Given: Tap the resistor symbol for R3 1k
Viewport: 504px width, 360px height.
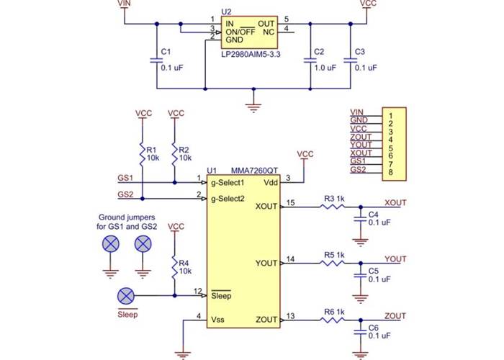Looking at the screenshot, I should click(x=332, y=207).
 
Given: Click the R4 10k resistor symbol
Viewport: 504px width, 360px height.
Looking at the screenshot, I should click(x=174, y=268).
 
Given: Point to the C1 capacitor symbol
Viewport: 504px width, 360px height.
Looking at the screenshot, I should click(x=156, y=61).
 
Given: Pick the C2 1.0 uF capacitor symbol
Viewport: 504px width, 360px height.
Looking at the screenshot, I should click(x=311, y=61).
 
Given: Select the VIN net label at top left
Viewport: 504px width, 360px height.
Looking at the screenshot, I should click(x=124, y=4).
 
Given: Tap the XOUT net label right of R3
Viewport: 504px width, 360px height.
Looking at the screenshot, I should click(x=395, y=202).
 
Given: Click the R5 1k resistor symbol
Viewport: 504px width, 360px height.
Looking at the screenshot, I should click(x=332, y=264).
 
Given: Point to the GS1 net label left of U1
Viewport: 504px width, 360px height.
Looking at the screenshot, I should click(x=125, y=176).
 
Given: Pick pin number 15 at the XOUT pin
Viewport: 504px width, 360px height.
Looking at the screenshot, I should click(x=291, y=202).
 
